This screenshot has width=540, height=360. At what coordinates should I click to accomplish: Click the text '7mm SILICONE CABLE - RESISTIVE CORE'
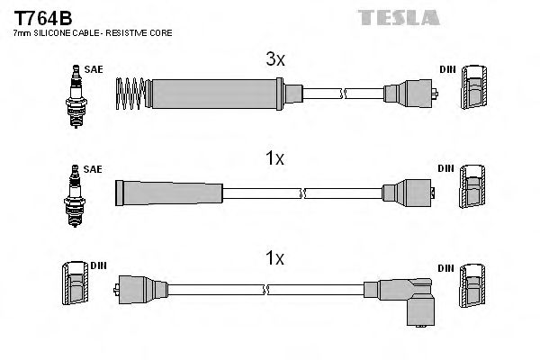click(x=92, y=33)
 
